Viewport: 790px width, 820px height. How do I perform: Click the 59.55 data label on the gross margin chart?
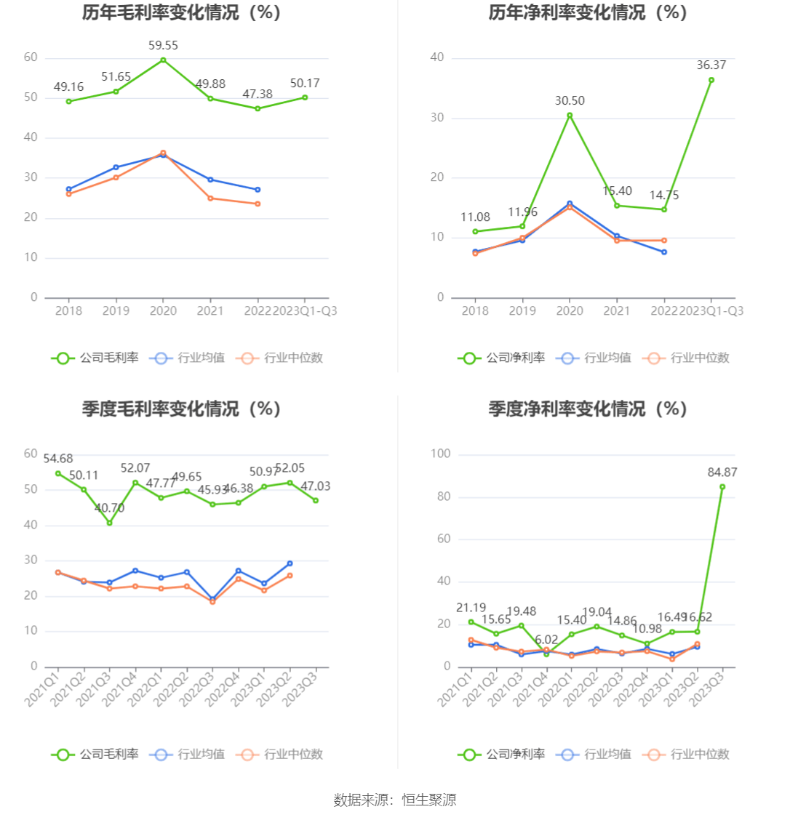click(163, 45)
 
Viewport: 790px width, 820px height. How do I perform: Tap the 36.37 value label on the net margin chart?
click(711, 65)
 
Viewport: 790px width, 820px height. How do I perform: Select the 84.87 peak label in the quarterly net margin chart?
click(722, 473)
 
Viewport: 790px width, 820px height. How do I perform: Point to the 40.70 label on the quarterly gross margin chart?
click(109, 508)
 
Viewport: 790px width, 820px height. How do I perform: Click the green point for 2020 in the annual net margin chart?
click(570, 115)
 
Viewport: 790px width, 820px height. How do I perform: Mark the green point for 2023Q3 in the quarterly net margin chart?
click(722, 487)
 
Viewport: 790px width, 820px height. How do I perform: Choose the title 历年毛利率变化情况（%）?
click(181, 13)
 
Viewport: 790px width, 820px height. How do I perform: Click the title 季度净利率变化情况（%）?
click(588, 409)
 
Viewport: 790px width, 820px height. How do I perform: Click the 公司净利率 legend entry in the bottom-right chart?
click(501, 754)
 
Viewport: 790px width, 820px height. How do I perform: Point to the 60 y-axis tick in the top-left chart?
click(31, 57)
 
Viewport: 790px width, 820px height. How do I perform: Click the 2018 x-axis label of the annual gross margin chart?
click(69, 311)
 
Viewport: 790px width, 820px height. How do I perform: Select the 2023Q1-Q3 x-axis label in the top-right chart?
click(711, 311)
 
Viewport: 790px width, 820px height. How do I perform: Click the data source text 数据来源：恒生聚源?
click(395, 800)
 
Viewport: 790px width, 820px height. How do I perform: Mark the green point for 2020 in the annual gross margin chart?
click(163, 60)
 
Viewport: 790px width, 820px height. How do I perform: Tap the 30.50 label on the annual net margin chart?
click(570, 101)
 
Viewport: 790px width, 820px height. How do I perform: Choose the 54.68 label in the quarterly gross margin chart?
click(58, 459)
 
